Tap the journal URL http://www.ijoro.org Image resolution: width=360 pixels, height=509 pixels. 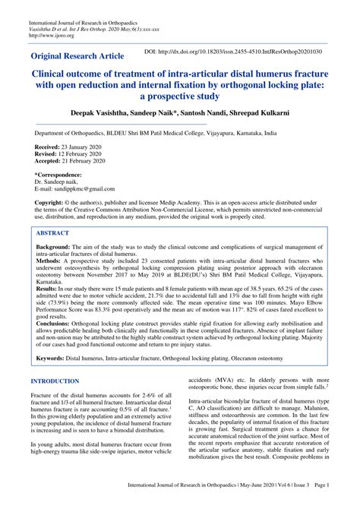(x=47, y=33)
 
